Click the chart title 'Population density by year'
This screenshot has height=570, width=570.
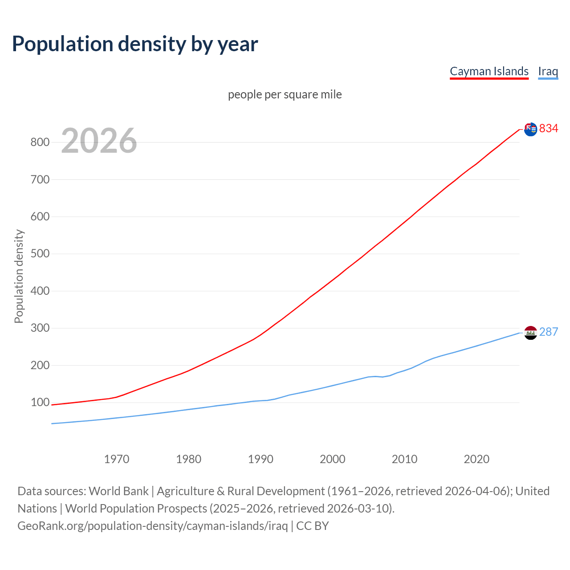135,44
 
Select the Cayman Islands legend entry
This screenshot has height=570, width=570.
489,71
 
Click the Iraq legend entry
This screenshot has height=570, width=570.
548,71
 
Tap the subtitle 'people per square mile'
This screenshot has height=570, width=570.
285,94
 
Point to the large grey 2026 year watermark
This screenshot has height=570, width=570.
99,141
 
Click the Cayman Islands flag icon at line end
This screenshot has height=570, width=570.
530,129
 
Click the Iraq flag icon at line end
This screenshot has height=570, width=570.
530,333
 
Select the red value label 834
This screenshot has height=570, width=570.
549,128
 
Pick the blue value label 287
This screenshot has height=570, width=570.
549,332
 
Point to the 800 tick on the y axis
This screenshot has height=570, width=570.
40,142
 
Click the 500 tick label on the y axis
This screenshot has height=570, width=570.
40,254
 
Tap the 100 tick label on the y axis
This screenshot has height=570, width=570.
40,403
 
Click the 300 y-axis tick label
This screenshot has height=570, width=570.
40,328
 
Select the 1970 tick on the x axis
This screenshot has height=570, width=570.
117,459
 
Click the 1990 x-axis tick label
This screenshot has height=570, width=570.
261,459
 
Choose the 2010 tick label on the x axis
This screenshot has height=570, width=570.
404,459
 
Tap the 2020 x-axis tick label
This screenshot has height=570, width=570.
476,459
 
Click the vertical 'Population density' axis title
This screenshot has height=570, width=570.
19,276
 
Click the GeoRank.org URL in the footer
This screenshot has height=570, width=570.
152,526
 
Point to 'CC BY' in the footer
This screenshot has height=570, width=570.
313,526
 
